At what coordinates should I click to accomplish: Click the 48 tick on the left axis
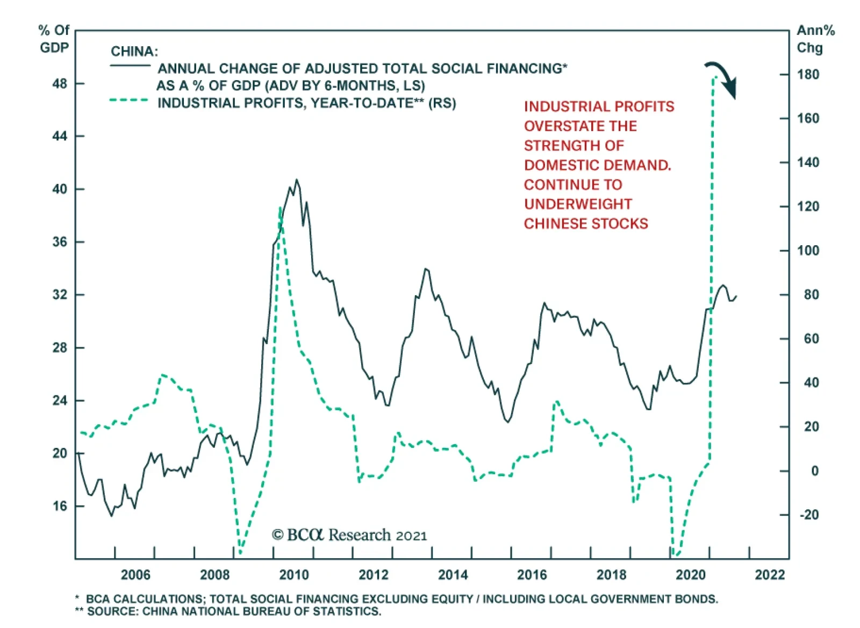[x=60, y=84]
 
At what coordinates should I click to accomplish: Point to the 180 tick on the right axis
[x=808, y=75]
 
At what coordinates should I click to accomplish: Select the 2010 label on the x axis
[x=294, y=575]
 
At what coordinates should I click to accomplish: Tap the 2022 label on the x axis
[x=770, y=575]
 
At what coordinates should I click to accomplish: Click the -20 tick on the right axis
[x=809, y=515]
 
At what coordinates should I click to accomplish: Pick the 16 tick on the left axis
[x=60, y=506]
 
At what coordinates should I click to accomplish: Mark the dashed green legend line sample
[x=129, y=101]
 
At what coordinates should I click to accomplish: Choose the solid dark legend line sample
[x=130, y=66]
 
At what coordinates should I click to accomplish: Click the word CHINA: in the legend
[x=134, y=52]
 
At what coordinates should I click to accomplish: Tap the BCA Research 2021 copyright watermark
[x=349, y=535]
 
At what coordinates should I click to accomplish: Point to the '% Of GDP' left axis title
[x=54, y=39]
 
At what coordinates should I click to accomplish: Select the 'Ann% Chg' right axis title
[x=815, y=39]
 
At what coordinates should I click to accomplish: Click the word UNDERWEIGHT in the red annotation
[x=578, y=204]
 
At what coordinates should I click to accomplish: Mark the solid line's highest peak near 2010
[x=297, y=180]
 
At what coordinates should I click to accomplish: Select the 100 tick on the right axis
[x=808, y=251]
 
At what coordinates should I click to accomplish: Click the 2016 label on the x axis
[x=532, y=575]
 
